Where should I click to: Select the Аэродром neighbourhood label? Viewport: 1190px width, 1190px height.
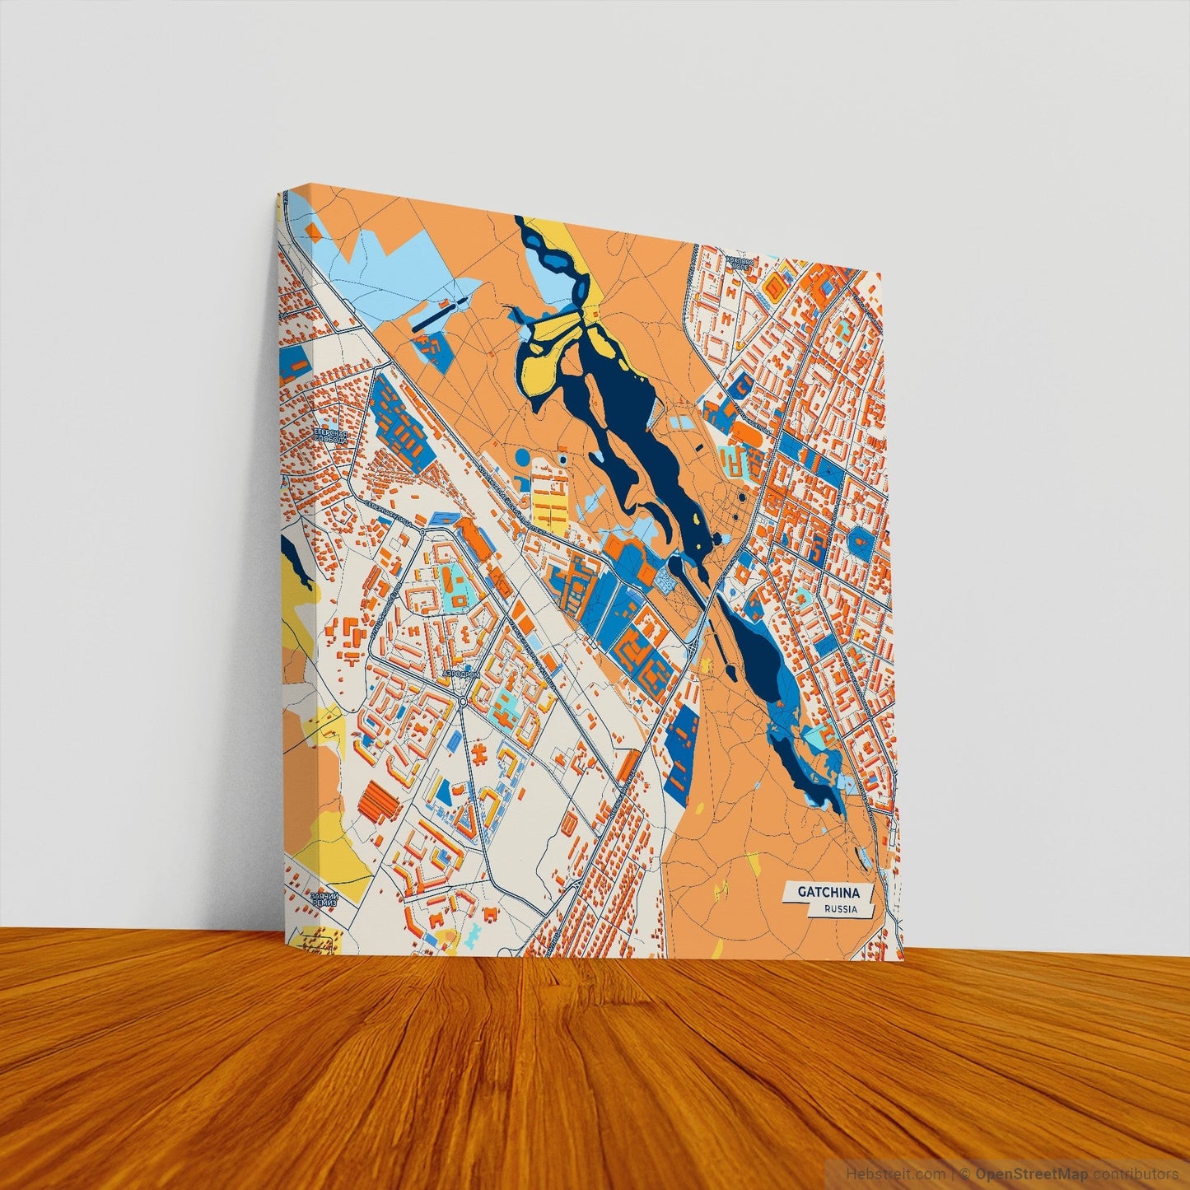[x=461, y=674]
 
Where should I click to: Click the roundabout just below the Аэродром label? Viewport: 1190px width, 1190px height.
[x=463, y=701]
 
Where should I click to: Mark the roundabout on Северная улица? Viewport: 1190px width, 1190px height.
[x=419, y=520]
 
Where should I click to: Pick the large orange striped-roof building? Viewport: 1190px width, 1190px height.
[x=378, y=800]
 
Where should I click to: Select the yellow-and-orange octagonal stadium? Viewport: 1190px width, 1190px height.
[x=775, y=285]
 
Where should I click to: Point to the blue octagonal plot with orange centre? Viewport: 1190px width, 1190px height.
[x=860, y=540]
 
